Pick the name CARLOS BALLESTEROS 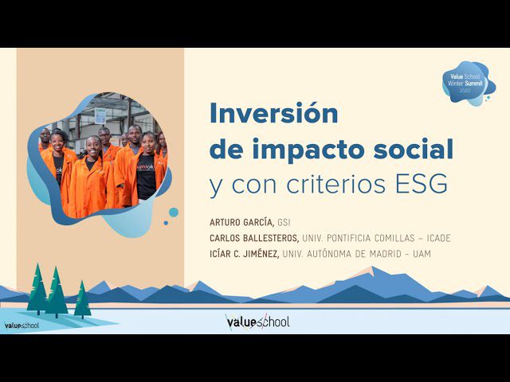[x=254, y=238]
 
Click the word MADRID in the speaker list [x=398, y=254]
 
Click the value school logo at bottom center [x=257, y=322]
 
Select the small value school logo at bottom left [x=22, y=325]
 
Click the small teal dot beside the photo [x=173, y=212]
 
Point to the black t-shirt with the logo [x=147, y=173]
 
